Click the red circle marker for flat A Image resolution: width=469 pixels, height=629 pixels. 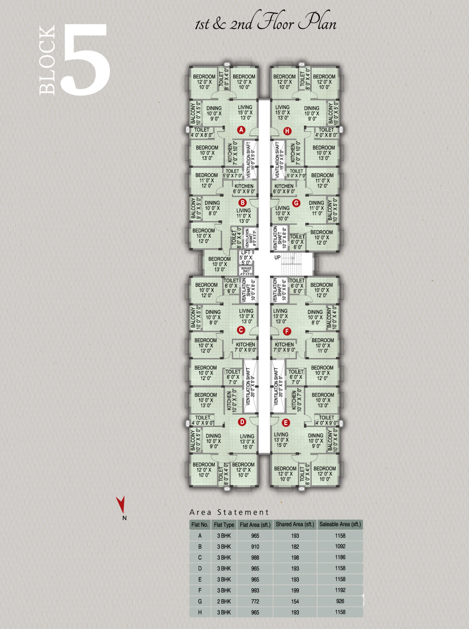point(241,130)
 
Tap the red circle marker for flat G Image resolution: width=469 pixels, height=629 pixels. point(296,203)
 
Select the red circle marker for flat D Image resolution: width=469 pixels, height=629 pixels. point(242,422)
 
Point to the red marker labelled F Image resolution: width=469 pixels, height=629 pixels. point(287,331)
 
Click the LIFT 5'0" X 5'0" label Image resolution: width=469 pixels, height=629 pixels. point(246,257)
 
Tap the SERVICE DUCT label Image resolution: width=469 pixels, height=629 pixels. point(246,271)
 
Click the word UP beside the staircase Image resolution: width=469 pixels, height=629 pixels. point(277,257)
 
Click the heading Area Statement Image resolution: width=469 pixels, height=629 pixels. point(229,512)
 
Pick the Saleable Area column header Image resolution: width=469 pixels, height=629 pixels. point(340,524)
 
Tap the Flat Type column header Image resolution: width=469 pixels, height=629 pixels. point(224,525)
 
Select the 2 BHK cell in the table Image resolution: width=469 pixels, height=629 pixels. point(224,601)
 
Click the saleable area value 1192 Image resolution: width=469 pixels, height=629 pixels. point(340,590)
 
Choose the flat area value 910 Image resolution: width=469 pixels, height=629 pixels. point(255,546)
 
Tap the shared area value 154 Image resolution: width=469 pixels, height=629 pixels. point(295,601)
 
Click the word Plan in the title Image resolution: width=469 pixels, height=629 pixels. point(317,23)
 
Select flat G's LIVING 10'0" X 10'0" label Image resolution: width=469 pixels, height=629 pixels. point(283,213)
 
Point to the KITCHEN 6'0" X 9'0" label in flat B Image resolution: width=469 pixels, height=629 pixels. point(244,189)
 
